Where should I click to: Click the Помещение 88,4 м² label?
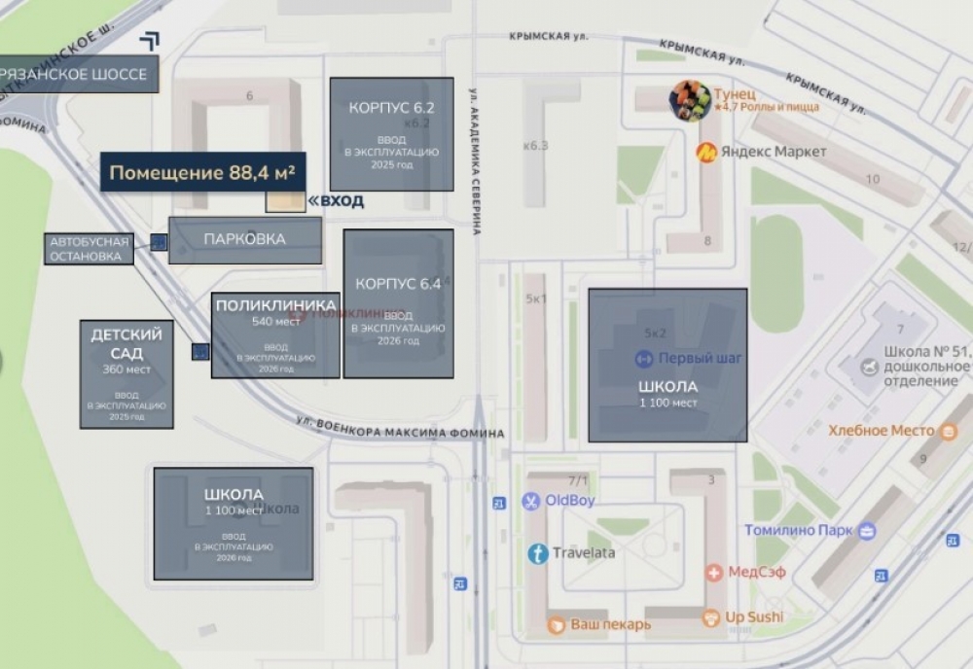(x=202, y=173)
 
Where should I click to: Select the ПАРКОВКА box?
(x=244, y=239)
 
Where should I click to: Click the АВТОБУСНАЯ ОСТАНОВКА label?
(x=89, y=248)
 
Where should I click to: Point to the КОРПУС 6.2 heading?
(x=391, y=108)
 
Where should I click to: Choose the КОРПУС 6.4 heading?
(x=398, y=284)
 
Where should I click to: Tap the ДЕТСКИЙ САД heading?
(x=126, y=343)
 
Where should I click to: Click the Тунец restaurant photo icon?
(x=690, y=100)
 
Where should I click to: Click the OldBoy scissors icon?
(x=530, y=501)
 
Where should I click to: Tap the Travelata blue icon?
(x=537, y=553)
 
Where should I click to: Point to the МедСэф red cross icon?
(x=714, y=573)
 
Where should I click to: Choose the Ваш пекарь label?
(x=610, y=624)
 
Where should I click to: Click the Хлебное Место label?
(x=881, y=431)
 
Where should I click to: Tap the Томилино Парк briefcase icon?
(x=866, y=530)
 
